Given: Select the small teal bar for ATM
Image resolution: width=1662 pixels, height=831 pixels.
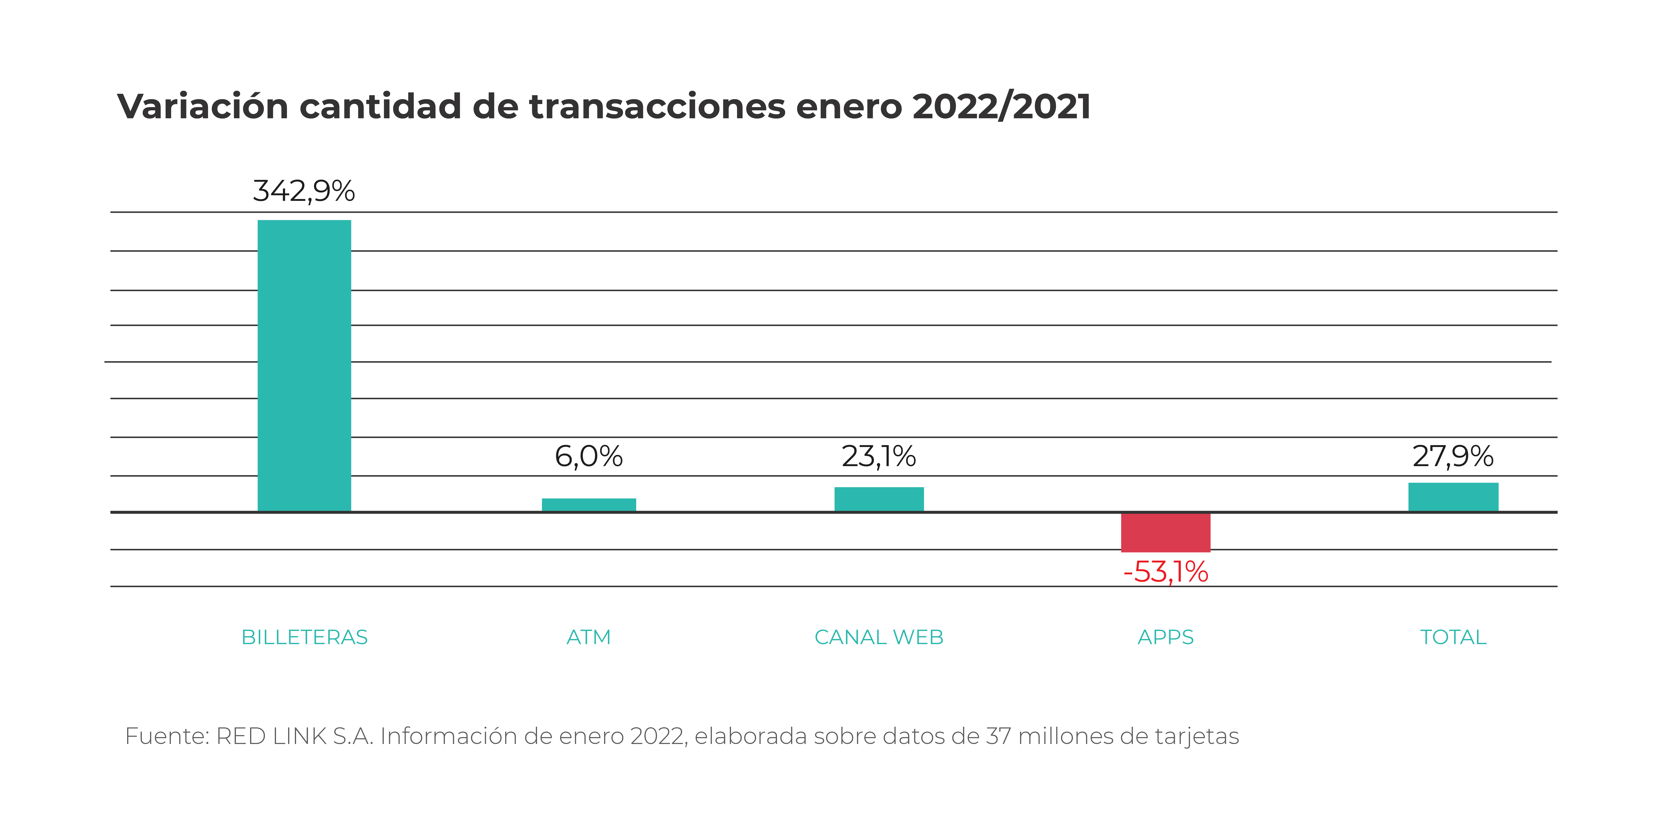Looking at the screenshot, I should click(588, 505).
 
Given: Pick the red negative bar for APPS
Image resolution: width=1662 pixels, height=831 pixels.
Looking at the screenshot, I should click(1165, 532).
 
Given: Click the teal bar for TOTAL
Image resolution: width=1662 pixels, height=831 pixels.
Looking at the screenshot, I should click(1453, 497).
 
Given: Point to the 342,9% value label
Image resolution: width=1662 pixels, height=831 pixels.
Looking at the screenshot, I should click(304, 191).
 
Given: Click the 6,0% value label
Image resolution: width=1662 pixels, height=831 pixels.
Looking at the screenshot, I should click(588, 457).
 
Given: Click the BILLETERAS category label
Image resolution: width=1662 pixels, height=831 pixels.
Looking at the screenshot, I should click(304, 637).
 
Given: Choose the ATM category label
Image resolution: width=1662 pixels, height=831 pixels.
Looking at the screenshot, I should click(588, 637).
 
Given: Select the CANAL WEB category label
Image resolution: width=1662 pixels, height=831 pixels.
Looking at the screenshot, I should click(879, 637).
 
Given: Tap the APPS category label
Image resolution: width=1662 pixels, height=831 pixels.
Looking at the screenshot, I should click(1165, 637).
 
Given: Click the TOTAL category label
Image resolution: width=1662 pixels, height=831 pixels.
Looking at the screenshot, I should click(1453, 637).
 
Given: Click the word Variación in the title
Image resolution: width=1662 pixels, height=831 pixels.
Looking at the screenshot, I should click(203, 106).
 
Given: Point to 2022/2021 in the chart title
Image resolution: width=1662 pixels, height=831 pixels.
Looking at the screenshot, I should click(1001, 106).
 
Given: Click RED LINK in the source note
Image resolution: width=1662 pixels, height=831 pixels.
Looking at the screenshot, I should click(271, 736).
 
